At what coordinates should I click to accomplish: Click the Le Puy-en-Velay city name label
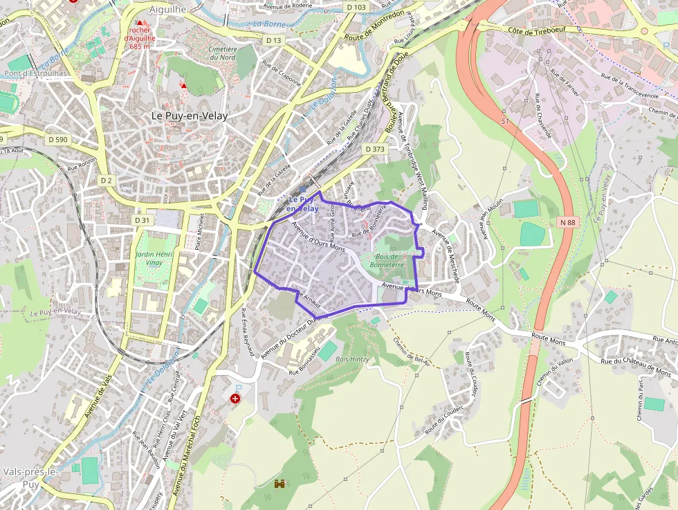(x=186, y=116)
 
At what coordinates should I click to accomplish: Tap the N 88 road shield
(x=568, y=222)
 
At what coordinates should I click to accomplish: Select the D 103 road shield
(x=356, y=7)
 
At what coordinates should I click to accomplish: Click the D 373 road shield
(x=374, y=149)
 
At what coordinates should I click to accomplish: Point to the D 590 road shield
(x=58, y=140)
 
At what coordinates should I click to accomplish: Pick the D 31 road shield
(x=142, y=220)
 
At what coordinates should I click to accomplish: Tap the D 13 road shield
(x=274, y=41)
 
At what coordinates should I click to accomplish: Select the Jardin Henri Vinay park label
(x=154, y=259)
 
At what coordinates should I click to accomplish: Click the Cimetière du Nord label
(x=222, y=53)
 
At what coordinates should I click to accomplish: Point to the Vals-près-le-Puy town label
(x=30, y=477)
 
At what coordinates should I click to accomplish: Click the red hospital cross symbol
(x=235, y=399)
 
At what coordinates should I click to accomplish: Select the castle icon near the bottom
(x=280, y=484)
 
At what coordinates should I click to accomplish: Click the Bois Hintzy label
(x=351, y=359)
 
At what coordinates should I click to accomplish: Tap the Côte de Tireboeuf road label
(x=538, y=32)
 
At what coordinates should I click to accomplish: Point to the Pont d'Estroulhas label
(x=36, y=73)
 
